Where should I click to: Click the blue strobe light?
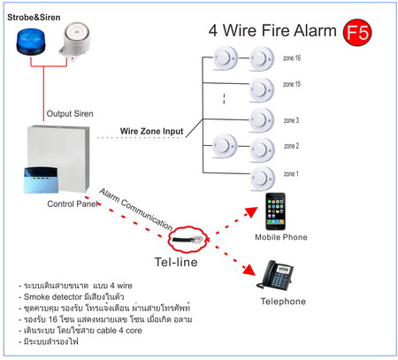31,42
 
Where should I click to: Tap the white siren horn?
75,41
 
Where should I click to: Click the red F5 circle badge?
357,33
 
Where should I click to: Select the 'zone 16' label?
292,58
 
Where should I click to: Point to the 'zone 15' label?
292,84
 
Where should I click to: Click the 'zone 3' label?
291,120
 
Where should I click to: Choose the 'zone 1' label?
291,174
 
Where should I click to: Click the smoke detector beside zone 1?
263,179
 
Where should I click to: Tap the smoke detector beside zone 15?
262,90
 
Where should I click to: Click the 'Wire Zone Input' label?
151,131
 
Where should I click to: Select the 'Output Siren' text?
70,113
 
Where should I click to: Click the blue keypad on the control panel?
41,180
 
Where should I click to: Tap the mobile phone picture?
275,211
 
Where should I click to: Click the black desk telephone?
275,275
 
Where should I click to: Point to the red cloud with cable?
188,239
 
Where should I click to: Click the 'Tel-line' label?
176,262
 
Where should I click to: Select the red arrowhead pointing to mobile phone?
251,211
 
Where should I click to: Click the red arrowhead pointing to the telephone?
249,270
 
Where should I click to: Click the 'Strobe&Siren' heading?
34,18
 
